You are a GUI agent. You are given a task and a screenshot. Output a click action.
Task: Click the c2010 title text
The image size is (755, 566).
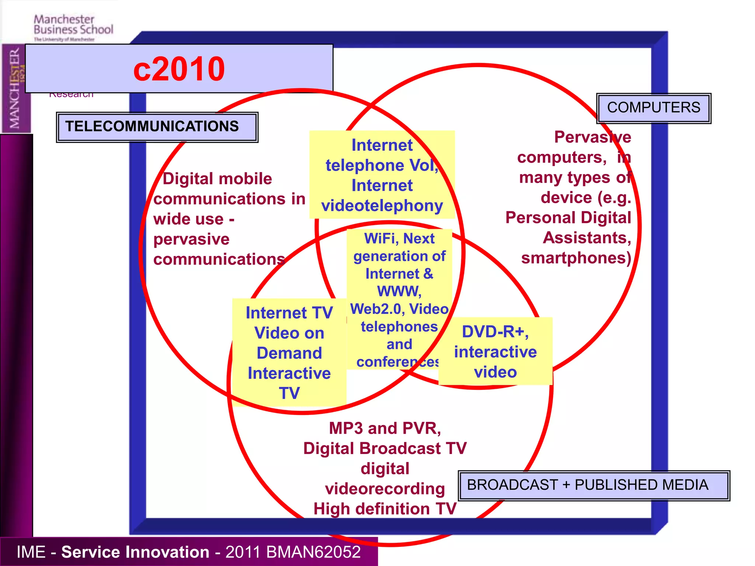pyautogui.click(x=179, y=69)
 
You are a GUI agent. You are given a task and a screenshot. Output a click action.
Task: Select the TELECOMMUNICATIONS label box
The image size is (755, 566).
pyautogui.click(x=157, y=127)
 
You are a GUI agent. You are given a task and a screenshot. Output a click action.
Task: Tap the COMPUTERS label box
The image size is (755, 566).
pyautogui.click(x=653, y=108)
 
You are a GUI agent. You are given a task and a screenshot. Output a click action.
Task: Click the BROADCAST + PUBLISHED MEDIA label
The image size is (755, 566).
pyautogui.click(x=594, y=485)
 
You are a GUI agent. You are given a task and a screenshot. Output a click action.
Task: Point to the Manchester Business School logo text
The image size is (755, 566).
pyautogui.click(x=73, y=25)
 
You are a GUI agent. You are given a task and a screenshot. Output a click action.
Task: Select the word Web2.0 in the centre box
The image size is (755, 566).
pyautogui.click(x=376, y=309)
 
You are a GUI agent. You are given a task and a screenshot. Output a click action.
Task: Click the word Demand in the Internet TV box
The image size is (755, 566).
pyautogui.click(x=289, y=353)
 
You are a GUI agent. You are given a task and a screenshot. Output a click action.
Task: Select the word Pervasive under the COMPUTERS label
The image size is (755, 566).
pyautogui.click(x=592, y=137)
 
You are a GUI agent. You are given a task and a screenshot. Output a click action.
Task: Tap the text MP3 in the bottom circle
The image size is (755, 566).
pyautogui.click(x=345, y=429)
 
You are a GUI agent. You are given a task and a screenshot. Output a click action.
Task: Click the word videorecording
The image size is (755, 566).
pyautogui.click(x=385, y=489)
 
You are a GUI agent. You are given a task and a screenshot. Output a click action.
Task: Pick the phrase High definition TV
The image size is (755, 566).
pyautogui.click(x=385, y=509)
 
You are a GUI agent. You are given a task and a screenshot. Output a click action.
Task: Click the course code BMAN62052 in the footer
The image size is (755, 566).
pyautogui.click(x=313, y=552)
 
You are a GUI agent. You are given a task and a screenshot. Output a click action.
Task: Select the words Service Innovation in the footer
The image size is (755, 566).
pyautogui.click(x=135, y=552)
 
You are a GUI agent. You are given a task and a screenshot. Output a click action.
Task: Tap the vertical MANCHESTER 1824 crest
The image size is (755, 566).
pyautogui.click(x=16, y=88)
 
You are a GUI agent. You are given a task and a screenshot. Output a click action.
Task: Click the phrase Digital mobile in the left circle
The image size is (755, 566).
pyautogui.click(x=218, y=179)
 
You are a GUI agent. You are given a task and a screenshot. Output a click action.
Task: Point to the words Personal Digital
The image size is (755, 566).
pyautogui.click(x=568, y=218)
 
